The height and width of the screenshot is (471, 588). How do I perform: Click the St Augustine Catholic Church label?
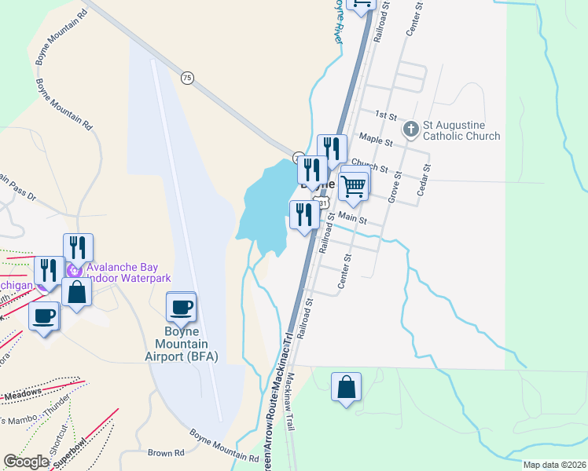[x=461, y=130]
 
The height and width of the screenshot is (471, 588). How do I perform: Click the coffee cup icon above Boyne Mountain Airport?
[x=181, y=307]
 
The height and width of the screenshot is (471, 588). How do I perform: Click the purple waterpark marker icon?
[x=75, y=271]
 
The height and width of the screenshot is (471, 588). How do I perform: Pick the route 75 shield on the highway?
[x=186, y=78]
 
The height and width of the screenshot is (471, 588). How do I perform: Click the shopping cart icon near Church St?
[x=354, y=185]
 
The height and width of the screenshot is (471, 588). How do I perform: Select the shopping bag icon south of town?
[x=346, y=388]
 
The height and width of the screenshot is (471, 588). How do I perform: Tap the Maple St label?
[x=375, y=140]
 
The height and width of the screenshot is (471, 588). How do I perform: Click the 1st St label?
[x=385, y=115]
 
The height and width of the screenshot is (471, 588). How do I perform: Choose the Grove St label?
[x=391, y=189]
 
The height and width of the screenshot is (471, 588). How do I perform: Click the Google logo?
[x=26, y=462]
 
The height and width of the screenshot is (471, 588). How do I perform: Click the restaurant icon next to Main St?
[x=304, y=215]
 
